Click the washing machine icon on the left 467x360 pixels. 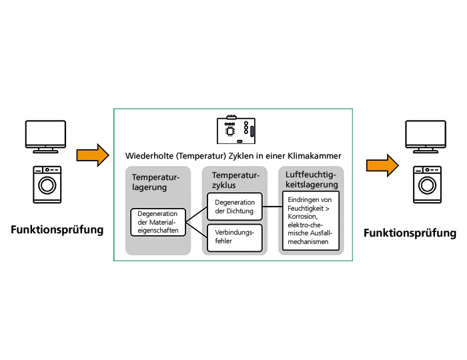[47, 184]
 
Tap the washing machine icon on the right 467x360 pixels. [427, 184]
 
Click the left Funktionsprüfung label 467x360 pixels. [57, 230]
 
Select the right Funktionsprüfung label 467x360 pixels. [410, 233]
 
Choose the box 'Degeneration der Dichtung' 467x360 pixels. [234, 207]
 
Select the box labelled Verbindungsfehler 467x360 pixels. [234, 237]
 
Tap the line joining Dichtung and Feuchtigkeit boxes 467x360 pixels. [272, 207]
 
